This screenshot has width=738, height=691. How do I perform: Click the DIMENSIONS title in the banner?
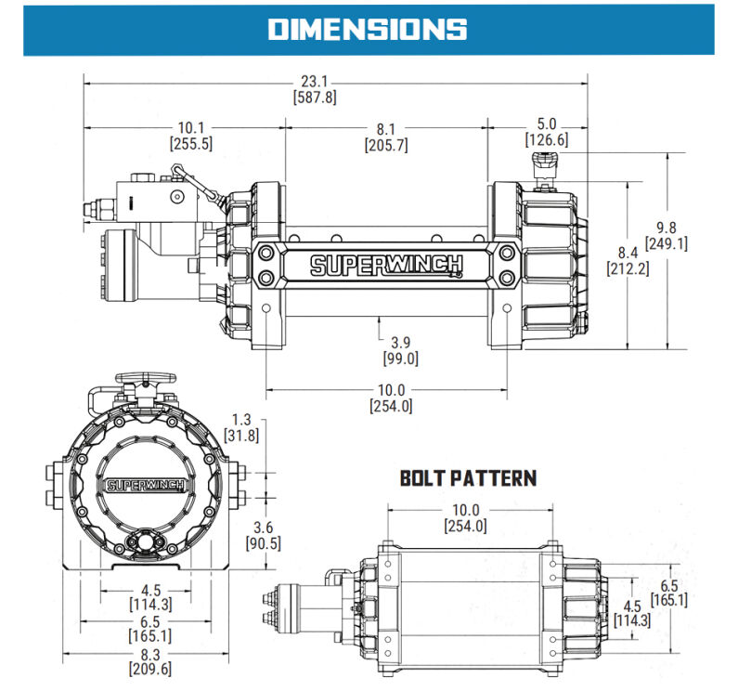pyautogui.click(x=368, y=29)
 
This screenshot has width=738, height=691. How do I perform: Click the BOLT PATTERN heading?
pyautogui.click(x=468, y=479)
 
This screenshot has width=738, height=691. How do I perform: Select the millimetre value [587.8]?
pyautogui.click(x=314, y=98)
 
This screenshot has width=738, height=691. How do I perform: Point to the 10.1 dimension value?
pyautogui.click(x=190, y=128)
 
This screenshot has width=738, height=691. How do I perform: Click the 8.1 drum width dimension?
pyautogui.click(x=386, y=128)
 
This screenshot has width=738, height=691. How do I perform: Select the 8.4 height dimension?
pyautogui.click(x=628, y=253)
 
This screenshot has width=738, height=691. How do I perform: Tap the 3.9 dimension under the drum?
pyautogui.click(x=400, y=343)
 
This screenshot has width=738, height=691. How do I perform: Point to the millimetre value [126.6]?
pyautogui.click(x=546, y=140)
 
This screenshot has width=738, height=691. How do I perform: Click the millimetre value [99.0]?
pyautogui.click(x=400, y=359)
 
